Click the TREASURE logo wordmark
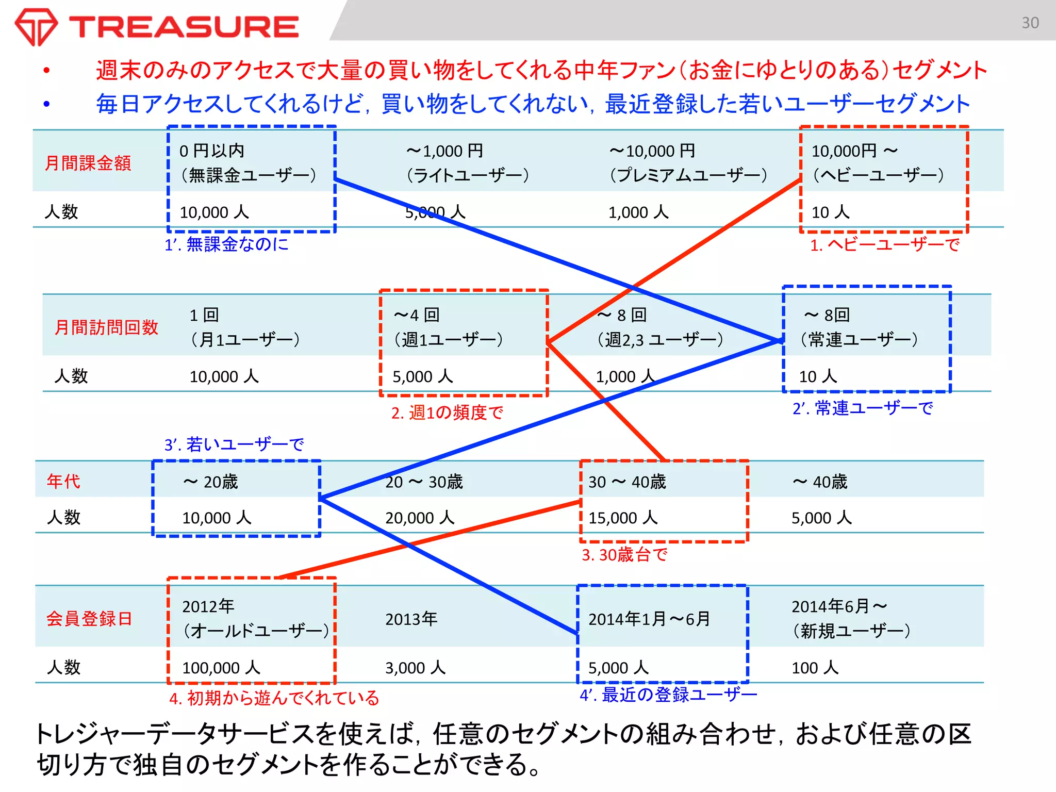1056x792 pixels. point(184,27)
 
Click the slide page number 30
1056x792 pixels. point(1030,23)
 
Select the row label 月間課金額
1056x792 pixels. point(88,163)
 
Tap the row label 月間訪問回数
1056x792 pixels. point(106,327)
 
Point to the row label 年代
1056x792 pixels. point(63,481)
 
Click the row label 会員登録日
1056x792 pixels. point(89,618)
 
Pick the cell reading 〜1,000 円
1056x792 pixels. point(444,151)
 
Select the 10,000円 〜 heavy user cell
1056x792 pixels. point(854,151)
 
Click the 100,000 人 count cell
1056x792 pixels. point(221,668)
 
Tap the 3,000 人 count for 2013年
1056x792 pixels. point(415,668)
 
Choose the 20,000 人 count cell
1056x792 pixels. point(420,518)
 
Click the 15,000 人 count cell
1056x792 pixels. point(623,518)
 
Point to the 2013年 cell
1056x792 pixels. point(411,618)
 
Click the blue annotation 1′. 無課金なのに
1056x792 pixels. point(226,244)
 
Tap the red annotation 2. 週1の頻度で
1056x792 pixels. point(447,412)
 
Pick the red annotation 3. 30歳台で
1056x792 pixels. point(624,555)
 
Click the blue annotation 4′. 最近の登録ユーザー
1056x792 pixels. point(668,695)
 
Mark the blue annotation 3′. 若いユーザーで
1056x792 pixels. point(234,444)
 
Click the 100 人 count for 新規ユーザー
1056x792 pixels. point(815,668)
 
